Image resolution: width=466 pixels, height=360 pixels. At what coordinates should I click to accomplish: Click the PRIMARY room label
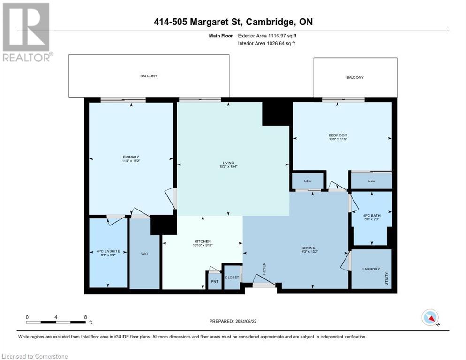[131, 157]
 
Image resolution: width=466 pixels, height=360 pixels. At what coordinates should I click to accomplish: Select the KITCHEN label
[203, 241]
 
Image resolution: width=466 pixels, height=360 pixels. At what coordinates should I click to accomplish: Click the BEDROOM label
[338, 135]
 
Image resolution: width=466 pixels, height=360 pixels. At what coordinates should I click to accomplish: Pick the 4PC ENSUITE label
[108, 251]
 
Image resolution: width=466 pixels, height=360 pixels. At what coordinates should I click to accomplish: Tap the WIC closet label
[144, 254]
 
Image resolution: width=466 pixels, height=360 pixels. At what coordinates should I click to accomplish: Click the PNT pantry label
[214, 281]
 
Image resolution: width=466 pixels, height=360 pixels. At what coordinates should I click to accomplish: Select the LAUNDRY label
[371, 269]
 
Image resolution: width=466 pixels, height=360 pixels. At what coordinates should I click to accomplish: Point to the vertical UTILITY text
[387, 279]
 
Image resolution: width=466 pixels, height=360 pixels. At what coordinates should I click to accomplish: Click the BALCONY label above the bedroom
[355, 77]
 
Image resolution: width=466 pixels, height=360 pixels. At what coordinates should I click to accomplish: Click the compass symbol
[430, 317]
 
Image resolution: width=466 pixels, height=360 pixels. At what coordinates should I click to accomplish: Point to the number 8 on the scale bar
[85, 317]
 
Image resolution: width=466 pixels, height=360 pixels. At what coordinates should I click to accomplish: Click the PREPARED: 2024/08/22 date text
[233, 321]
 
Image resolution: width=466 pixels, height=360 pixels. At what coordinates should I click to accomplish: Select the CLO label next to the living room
[308, 180]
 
